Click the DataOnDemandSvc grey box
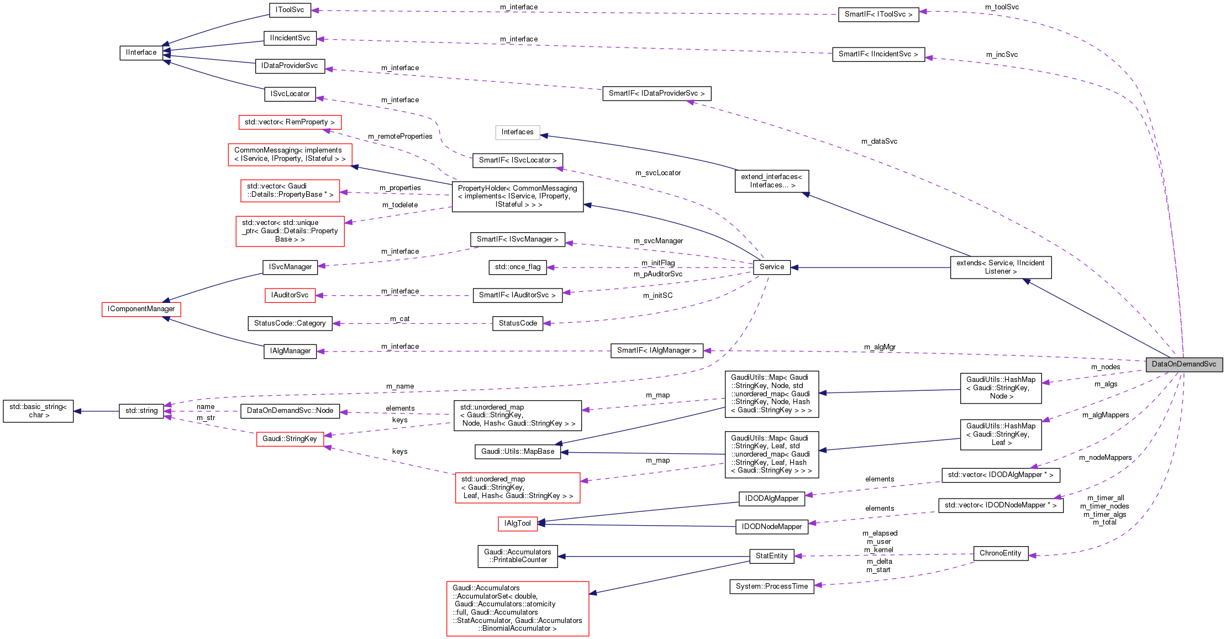pos(1183,364)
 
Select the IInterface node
pos(141,53)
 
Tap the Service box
pos(771,267)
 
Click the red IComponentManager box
pos(141,309)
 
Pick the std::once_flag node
pos(518,267)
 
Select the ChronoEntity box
pos(1000,553)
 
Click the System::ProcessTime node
pos(771,586)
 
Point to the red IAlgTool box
pos(517,523)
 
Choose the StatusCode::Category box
pos(290,323)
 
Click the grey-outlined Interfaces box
pos(517,132)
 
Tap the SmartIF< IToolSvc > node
pos(878,14)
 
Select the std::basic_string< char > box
pos(38,411)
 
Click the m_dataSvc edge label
pos(879,142)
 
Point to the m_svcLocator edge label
pos(657,173)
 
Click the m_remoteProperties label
pos(400,137)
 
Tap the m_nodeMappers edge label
pos(1105,458)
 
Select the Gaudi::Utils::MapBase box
pos(517,452)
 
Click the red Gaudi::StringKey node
pos(290,439)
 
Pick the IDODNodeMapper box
pos(771,527)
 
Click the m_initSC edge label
pos(657,296)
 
